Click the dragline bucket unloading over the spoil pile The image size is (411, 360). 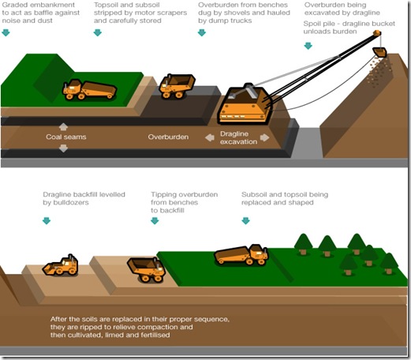[x=379, y=52]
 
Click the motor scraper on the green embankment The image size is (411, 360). [x=89, y=90]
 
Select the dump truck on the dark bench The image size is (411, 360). [x=177, y=86]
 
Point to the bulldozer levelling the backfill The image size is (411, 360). [x=61, y=265]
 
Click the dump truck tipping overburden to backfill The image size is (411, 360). [x=146, y=270]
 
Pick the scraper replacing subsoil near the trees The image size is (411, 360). [x=241, y=254]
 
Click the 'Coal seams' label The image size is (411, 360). [x=66, y=137]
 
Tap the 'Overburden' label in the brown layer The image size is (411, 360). [x=168, y=137]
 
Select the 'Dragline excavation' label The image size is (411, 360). [x=238, y=137]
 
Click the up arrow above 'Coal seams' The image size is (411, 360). [x=63, y=127]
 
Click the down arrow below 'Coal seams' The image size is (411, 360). [x=63, y=148]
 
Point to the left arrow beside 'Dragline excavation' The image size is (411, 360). [x=210, y=137]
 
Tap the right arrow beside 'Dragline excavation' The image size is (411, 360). [x=265, y=137]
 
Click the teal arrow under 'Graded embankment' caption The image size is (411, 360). [x=6, y=32]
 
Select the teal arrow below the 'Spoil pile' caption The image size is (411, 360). [x=308, y=46]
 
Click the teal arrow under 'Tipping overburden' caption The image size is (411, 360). [x=155, y=221]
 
